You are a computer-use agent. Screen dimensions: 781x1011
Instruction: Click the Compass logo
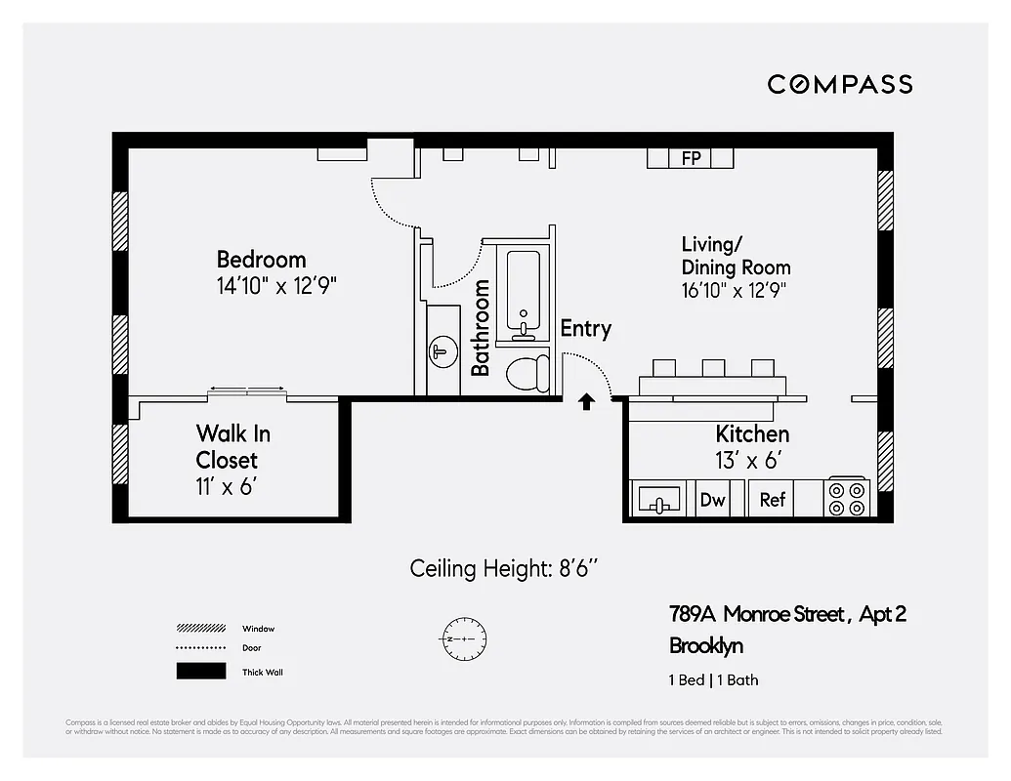tap(839, 84)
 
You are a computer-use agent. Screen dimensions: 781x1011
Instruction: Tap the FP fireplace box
tap(691, 157)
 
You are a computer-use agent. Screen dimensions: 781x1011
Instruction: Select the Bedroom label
tap(261, 260)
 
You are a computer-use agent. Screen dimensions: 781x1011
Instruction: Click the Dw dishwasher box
tap(713, 500)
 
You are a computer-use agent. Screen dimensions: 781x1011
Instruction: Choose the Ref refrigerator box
tap(772, 500)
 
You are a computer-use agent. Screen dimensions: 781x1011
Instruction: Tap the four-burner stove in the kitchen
tap(847, 498)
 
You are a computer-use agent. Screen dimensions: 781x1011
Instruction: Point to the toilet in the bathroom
tap(527, 373)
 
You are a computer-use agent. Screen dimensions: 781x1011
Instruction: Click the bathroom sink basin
tap(442, 349)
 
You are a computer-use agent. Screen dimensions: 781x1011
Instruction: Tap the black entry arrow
tap(586, 400)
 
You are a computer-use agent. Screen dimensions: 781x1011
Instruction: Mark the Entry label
tap(585, 329)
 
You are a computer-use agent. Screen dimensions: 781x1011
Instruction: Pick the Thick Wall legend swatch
tap(200, 671)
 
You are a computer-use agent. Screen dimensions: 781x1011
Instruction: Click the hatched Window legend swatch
tap(200, 628)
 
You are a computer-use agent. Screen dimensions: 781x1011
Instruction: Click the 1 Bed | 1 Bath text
tap(713, 679)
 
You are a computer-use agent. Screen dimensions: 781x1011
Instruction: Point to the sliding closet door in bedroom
tap(247, 391)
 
